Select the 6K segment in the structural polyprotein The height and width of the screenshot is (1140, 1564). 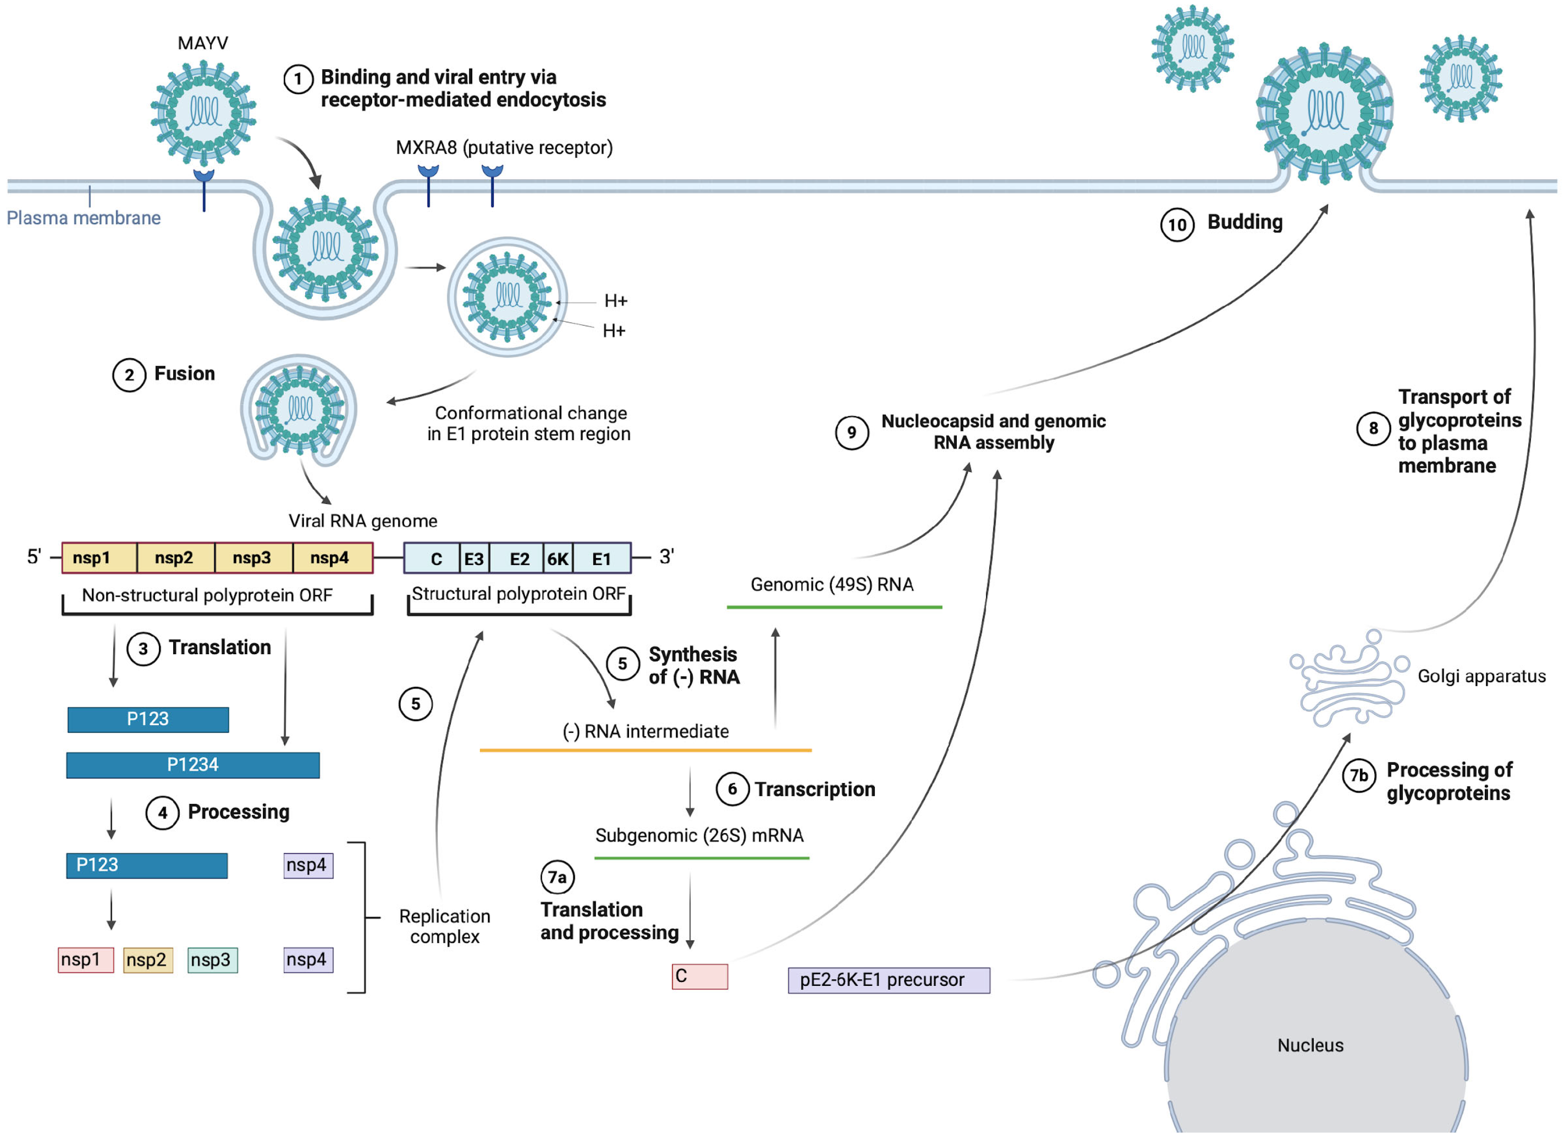[x=558, y=558]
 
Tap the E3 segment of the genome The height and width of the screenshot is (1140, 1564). [x=474, y=558]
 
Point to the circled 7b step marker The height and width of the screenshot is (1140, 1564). [x=1359, y=776]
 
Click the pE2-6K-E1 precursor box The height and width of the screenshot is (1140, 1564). [x=888, y=980]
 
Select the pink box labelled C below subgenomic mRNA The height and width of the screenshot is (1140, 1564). [x=700, y=976]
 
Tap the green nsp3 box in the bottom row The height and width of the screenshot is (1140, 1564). [x=212, y=960]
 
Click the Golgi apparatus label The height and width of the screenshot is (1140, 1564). [x=1481, y=676]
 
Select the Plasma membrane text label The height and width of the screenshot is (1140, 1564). [x=84, y=218]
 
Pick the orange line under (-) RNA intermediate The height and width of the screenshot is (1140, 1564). [x=645, y=750]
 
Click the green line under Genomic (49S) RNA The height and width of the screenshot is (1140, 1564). [x=834, y=607]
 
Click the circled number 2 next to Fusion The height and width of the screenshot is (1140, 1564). [x=129, y=375]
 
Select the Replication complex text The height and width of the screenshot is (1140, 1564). [x=444, y=927]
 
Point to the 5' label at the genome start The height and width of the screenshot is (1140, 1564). [x=34, y=556]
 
